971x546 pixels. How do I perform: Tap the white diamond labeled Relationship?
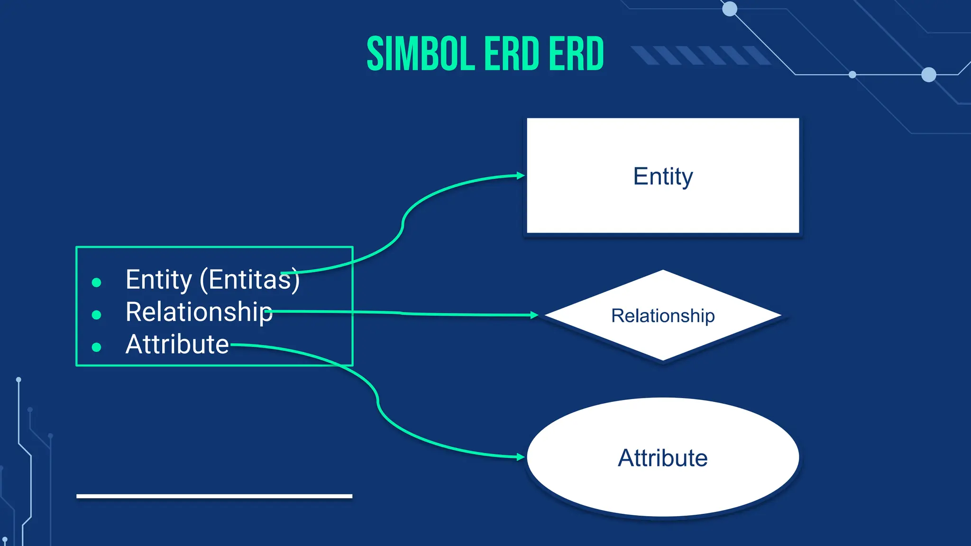tap(663, 341)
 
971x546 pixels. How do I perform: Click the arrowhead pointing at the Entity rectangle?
tap(521, 175)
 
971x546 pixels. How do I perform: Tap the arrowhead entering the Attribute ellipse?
tap(521, 457)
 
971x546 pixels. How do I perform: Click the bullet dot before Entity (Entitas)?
tap(96, 283)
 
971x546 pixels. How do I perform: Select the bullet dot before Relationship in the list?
tap(96, 315)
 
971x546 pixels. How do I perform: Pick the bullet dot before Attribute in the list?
tap(96, 347)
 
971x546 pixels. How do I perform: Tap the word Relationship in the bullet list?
tap(199, 312)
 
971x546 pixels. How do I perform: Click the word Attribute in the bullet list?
tap(177, 345)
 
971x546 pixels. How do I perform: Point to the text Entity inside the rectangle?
tap(663, 177)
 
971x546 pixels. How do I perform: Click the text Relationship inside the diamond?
tap(663, 316)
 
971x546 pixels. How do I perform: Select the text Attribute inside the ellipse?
tap(663, 458)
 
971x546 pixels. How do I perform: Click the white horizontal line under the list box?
tap(214, 496)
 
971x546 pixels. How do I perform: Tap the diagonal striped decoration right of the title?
tap(701, 55)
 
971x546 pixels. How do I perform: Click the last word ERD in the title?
tap(576, 54)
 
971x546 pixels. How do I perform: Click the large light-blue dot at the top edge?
tap(729, 9)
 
